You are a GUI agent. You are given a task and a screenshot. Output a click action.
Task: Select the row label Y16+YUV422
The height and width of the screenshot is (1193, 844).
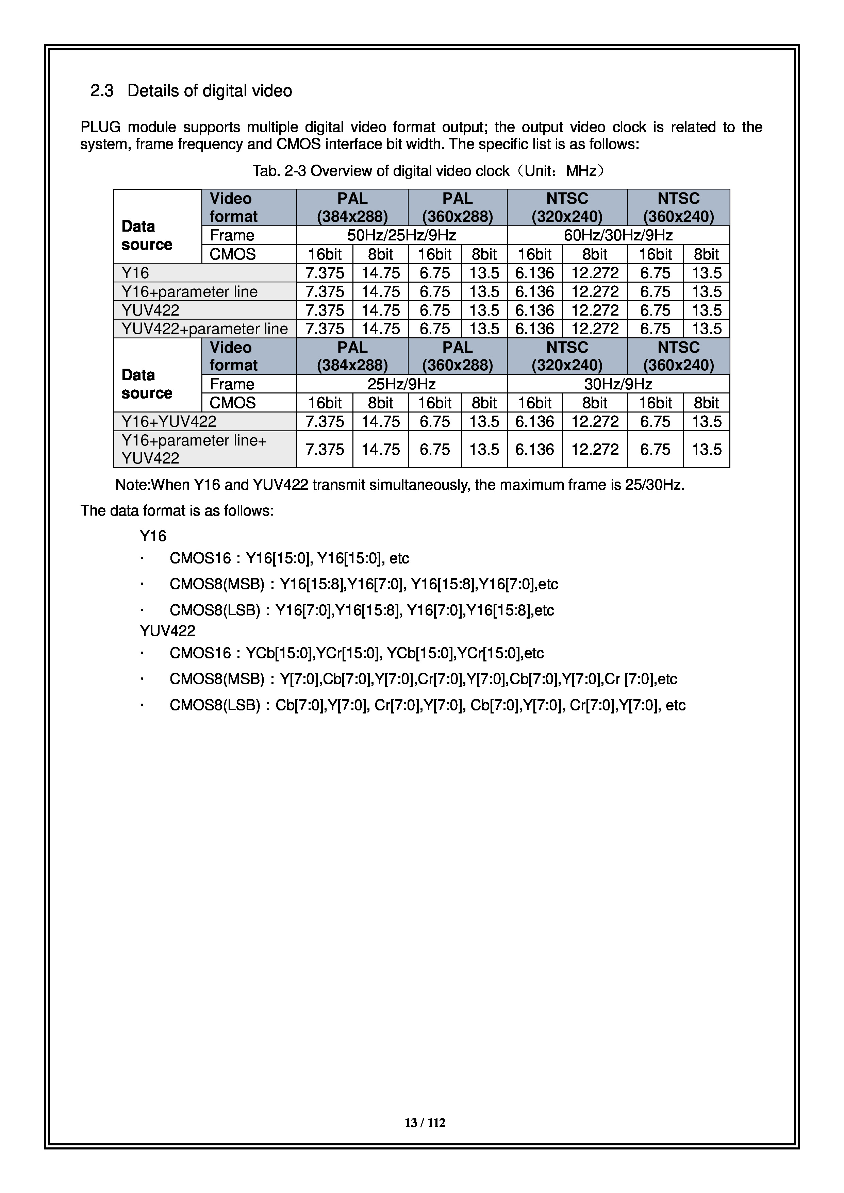pos(169,421)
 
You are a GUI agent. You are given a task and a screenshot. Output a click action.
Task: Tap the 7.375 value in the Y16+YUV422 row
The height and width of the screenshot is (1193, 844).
pos(325,421)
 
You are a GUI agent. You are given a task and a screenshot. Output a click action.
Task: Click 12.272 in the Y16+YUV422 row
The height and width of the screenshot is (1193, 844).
pos(595,421)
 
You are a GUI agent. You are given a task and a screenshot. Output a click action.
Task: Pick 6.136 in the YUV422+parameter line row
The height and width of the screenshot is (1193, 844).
pos(535,329)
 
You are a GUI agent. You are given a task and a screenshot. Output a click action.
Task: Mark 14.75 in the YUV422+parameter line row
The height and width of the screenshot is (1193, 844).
pos(380,329)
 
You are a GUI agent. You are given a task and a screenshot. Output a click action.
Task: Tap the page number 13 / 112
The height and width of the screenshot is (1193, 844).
pos(425,1123)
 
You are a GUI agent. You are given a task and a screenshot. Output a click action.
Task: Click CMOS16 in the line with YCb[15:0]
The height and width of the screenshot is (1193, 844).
pos(200,653)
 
